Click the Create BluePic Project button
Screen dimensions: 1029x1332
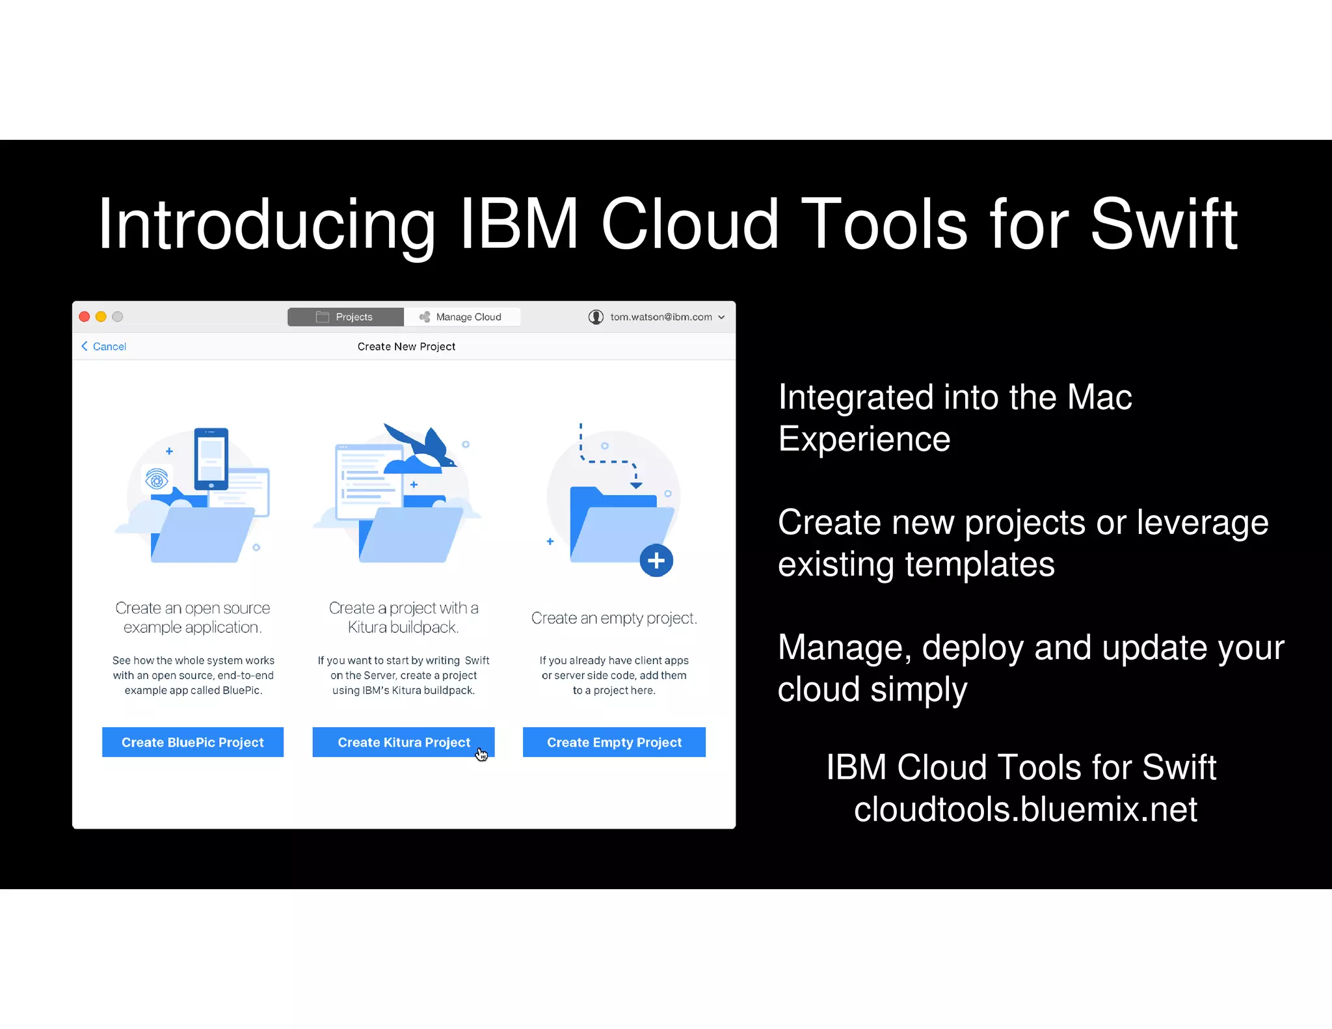coord(193,742)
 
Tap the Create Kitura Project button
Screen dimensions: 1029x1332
coord(403,742)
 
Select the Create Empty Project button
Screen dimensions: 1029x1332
coord(614,742)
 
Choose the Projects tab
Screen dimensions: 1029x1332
coord(345,317)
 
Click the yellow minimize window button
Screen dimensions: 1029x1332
coord(101,317)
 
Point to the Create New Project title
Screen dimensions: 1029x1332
coord(406,347)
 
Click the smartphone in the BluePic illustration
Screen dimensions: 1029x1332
coord(211,458)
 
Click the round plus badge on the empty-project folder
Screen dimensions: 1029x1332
coord(656,560)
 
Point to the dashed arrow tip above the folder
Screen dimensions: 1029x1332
coord(636,485)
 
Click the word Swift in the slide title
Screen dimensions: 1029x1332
coord(1164,224)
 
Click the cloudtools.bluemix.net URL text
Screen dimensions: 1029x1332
coord(1025,809)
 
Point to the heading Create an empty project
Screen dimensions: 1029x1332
coord(614,618)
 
